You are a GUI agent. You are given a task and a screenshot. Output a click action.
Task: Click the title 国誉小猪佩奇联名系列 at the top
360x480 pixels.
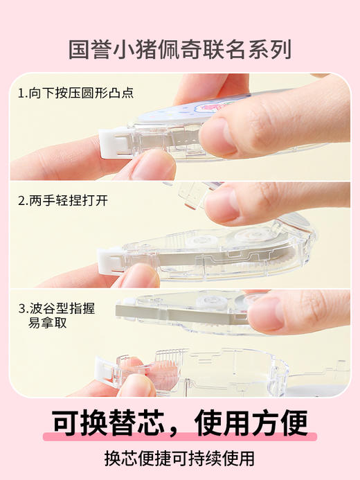click(180, 49)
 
